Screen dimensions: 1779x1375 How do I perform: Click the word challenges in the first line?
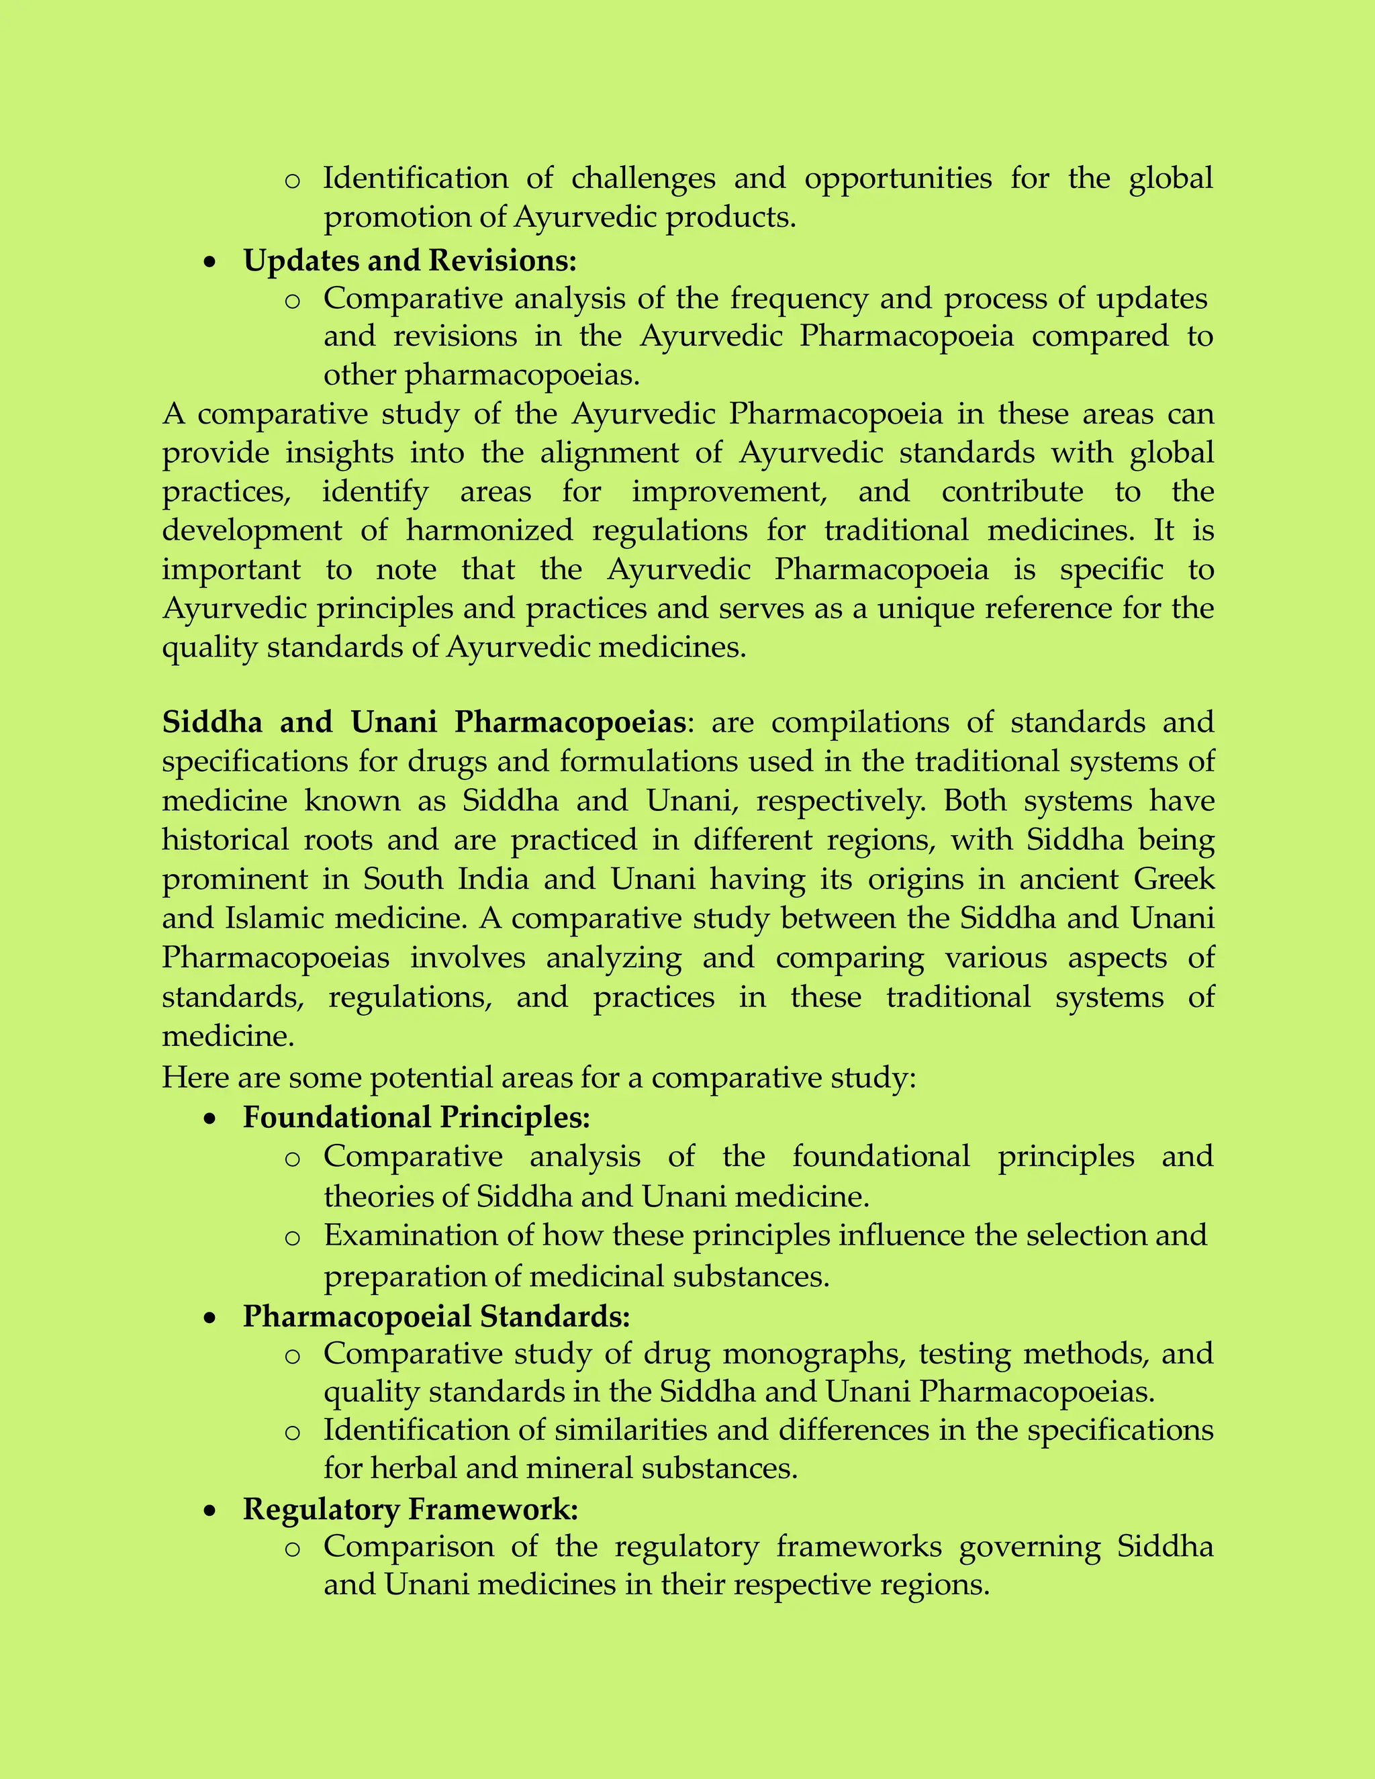pyautogui.click(x=643, y=179)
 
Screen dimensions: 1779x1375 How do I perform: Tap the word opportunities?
pyautogui.click(x=898, y=179)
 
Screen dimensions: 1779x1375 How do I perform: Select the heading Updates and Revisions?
pyautogui.click(x=410, y=260)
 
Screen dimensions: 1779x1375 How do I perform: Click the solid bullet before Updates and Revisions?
pyautogui.click(x=211, y=262)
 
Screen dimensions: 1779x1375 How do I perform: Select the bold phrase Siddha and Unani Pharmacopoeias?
pyautogui.click(x=424, y=722)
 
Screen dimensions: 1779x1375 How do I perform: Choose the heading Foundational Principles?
pyautogui.click(x=416, y=1117)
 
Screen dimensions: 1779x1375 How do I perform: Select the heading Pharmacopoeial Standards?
pyautogui.click(x=436, y=1316)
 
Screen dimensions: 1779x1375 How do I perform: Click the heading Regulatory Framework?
pyautogui.click(x=410, y=1509)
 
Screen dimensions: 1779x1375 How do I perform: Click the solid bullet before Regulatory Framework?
pyautogui.click(x=211, y=1511)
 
